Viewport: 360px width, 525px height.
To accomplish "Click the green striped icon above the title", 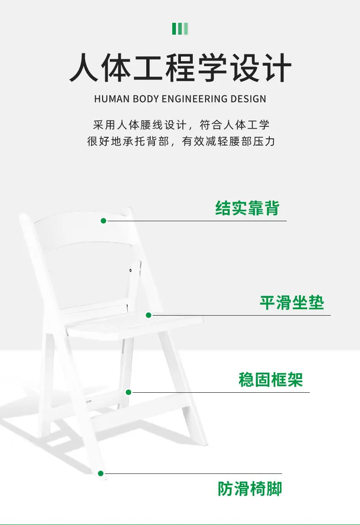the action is click(180, 29).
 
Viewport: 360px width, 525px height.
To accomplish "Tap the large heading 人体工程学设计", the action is click(180, 68).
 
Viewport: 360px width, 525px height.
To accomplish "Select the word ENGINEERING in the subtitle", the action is click(195, 99).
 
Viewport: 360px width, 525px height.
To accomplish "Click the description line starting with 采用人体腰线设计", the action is click(181, 125).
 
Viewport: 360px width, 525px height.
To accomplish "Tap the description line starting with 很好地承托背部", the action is click(181, 141).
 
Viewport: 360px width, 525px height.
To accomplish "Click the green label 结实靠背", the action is click(247, 208).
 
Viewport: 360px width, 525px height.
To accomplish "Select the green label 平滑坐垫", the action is click(292, 303).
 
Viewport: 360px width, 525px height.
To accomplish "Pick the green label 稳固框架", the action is click(271, 379).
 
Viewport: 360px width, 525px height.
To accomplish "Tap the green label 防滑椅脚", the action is click(250, 489).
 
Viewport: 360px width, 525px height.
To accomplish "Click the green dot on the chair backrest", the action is click(103, 221).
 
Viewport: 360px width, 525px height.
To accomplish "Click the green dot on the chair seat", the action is click(149, 315).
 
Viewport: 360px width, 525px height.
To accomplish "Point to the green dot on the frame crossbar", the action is click(129, 392).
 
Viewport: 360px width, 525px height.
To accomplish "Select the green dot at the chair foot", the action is click(100, 473).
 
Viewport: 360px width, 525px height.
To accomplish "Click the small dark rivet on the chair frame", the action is click(130, 270).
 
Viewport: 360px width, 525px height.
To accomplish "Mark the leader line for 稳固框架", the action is click(221, 392).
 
